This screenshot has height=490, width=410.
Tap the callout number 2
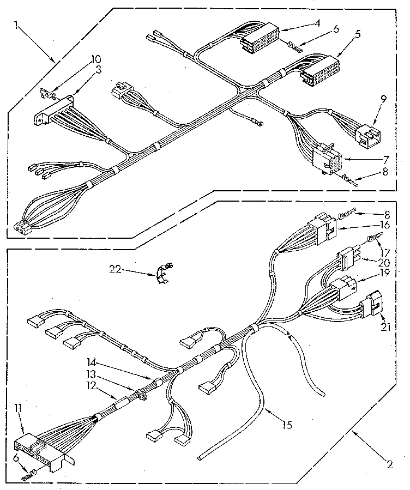[389, 464]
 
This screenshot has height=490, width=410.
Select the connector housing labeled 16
[323, 226]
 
